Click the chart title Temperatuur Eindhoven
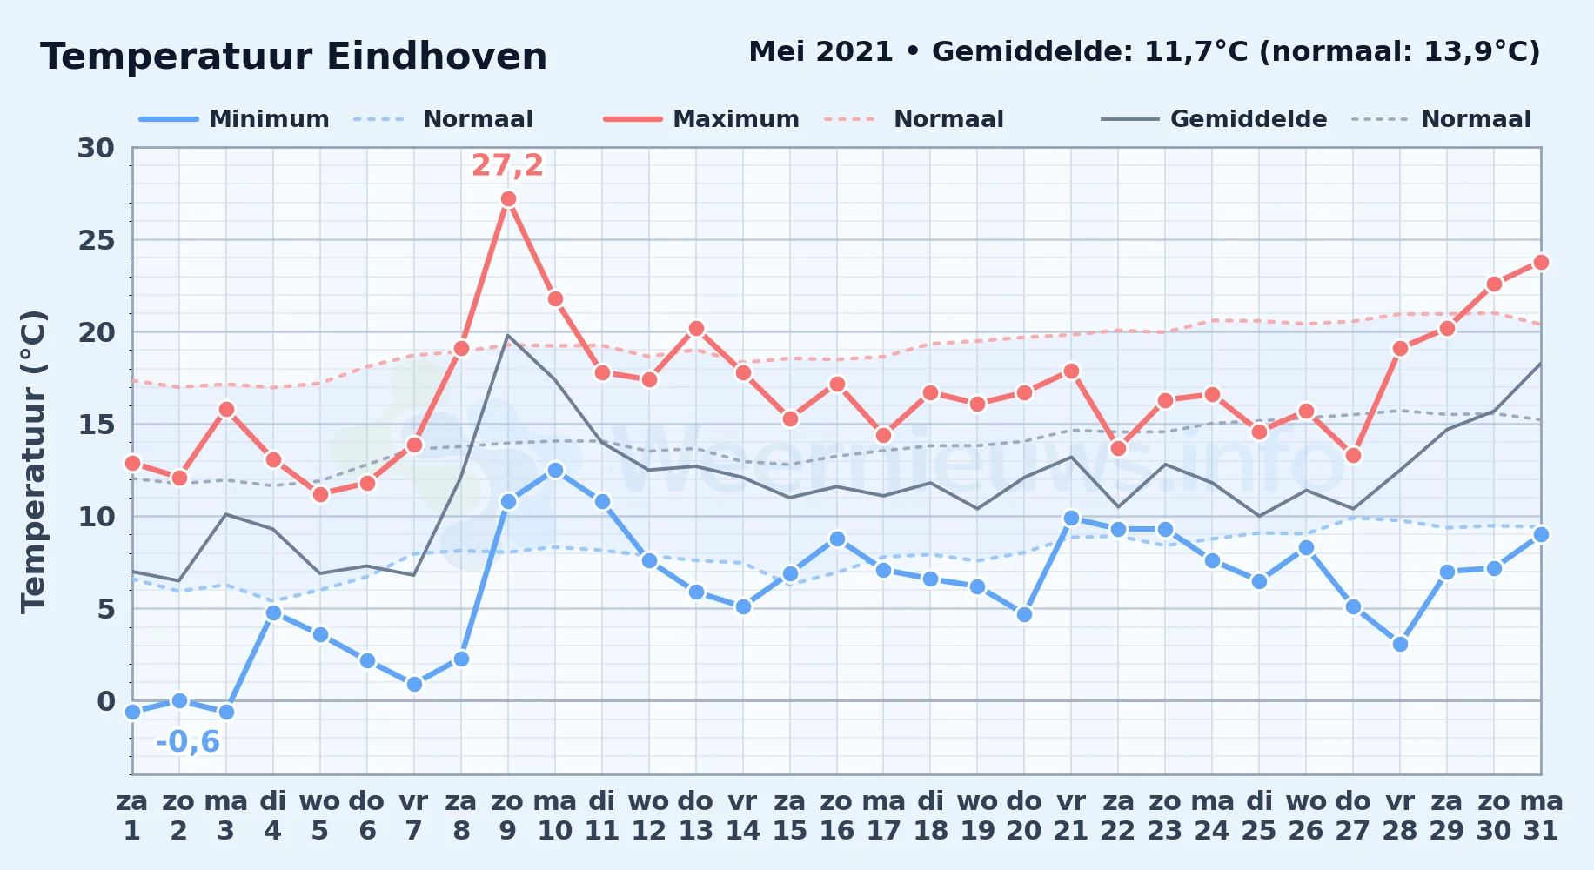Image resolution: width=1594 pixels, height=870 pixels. point(294,57)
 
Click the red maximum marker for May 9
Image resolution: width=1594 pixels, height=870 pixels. point(508,199)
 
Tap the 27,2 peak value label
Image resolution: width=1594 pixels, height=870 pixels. point(507,165)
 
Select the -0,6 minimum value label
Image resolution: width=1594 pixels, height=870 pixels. point(188,742)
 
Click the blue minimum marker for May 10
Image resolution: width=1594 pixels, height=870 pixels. point(555,471)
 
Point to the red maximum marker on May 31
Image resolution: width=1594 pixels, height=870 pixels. point(1541,262)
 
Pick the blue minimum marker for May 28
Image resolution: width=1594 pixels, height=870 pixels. point(1400,644)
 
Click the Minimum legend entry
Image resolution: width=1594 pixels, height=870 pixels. point(235,119)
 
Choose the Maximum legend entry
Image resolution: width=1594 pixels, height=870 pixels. point(701,119)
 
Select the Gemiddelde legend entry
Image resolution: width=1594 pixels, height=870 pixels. point(1215,119)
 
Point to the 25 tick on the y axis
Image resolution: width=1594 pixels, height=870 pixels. point(97,240)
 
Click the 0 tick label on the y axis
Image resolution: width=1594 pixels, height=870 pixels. point(106,701)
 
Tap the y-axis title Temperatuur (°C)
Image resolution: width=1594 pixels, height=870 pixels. point(33,461)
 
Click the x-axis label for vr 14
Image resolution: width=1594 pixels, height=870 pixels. point(742,815)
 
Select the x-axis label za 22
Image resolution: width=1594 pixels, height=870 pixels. point(1118,815)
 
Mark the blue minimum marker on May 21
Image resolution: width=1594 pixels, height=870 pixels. point(1071,519)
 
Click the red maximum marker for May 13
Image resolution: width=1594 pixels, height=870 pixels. point(696,329)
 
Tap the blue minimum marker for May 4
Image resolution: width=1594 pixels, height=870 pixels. point(273,612)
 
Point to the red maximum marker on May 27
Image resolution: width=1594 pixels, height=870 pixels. point(1353,456)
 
